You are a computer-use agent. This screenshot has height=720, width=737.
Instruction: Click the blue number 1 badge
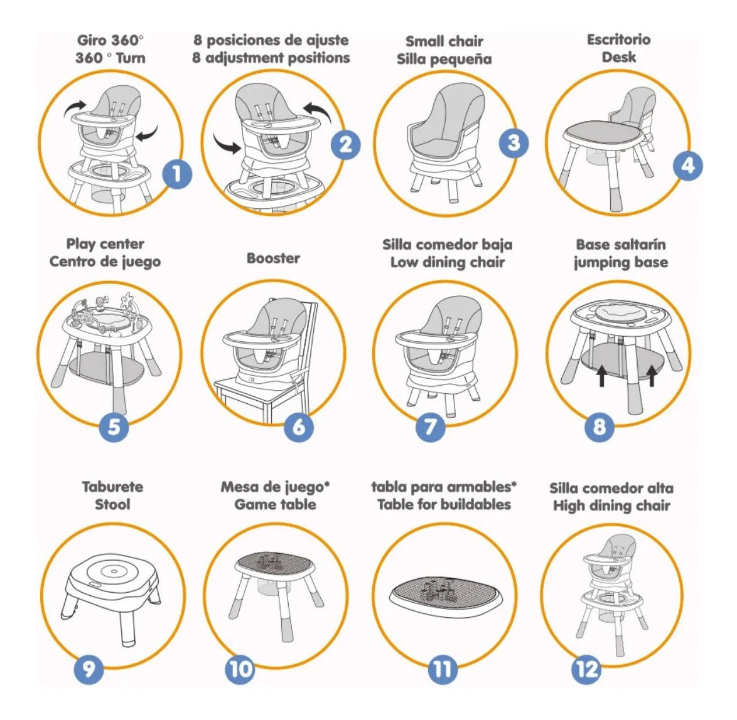pos(177,174)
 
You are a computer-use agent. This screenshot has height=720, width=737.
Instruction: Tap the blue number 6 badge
pos(299,426)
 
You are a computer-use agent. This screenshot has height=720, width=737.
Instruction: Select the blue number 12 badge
pos(586,669)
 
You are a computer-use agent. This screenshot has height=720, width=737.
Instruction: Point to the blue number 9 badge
pos(89,669)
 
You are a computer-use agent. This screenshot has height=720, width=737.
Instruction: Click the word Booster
pos(273,258)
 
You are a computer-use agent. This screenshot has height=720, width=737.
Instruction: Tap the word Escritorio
pos(618,40)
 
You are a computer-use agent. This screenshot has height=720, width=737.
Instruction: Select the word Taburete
pos(113,487)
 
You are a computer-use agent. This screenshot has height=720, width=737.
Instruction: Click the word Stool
pos(113,505)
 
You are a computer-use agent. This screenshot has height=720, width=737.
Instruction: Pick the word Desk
pos(618,57)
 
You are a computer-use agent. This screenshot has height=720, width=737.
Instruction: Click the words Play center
pos(105,244)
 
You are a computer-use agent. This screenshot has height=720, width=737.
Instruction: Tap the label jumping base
pos(621,263)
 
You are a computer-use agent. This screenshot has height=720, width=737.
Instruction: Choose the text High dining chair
pos(611,506)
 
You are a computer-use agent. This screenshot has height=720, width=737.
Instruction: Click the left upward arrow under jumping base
pos(601,376)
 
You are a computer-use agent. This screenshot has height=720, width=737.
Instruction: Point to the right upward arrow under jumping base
pos(652,376)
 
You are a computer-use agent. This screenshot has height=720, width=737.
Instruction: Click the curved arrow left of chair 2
pos(227,144)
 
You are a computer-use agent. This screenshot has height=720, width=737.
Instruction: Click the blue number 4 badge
pos(687,166)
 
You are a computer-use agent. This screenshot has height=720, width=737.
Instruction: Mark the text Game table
pos(275,505)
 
